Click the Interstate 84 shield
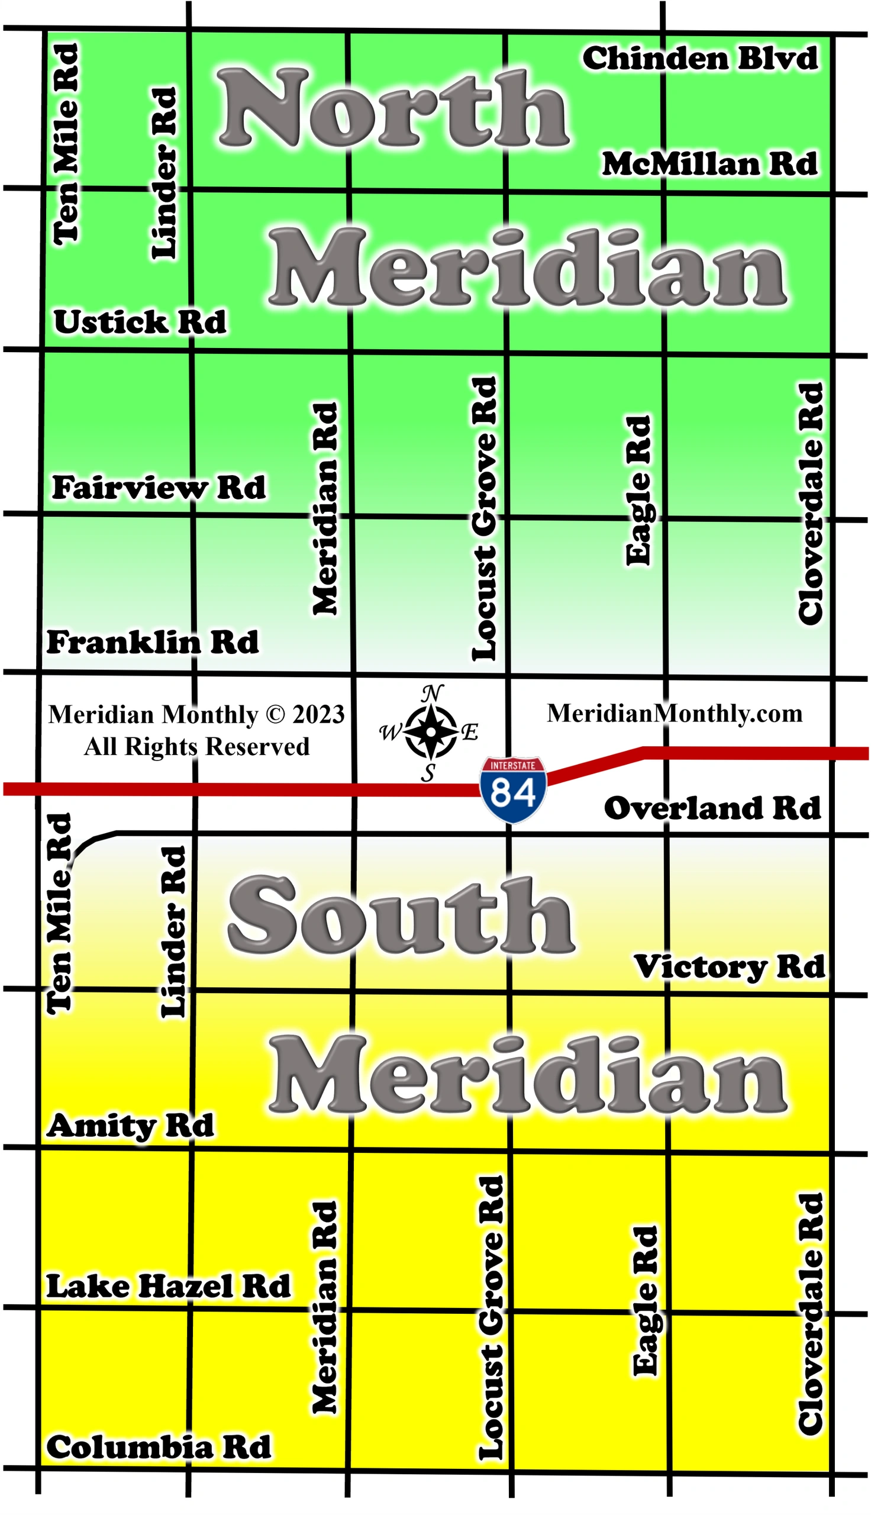[x=512, y=789]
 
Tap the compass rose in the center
[x=430, y=731]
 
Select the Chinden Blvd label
[x=700, y=59]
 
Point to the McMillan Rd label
[x=709, y=164]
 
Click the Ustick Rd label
[x=140, y=323]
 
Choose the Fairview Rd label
[x=159, y=488]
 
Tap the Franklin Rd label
[x=153, y=642]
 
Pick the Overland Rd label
[x=712, y=808]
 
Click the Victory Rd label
[x=729, y=966]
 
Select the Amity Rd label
[x=130, y=1126]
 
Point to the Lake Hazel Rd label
[x=169, y=1286]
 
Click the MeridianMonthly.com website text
[x=674, y=714]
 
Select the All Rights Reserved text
[x=197, y=746]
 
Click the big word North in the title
[x=393, y=108]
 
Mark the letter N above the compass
[x=433, y=694]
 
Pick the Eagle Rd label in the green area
[x=638, y=491]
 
